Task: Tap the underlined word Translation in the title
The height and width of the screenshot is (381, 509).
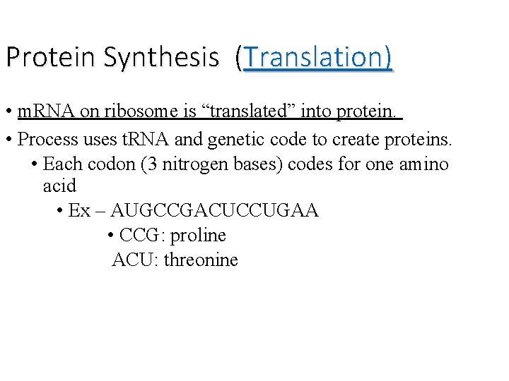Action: [x=316, y=56]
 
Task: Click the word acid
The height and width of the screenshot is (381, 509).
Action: [x=59, y=186]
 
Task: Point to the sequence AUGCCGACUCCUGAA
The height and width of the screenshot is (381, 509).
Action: [x=215, y=211]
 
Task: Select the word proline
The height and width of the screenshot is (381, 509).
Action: [x=198, y=236]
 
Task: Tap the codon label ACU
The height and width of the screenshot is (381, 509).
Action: [x=135, y=260]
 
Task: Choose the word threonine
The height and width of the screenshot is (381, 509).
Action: [x=201, y=260]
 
